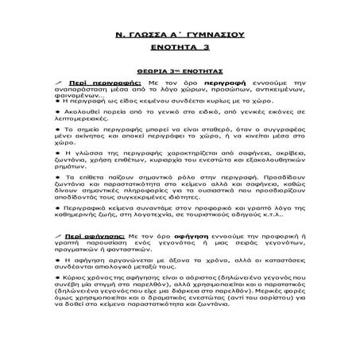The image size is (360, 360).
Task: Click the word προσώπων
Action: coord(212,90)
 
